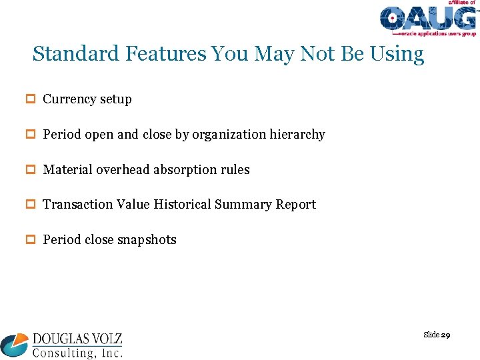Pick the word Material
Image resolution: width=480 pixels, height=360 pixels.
(68, 170)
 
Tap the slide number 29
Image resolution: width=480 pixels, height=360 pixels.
(445, 335)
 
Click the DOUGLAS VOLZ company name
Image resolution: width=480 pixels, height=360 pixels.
(77, 339)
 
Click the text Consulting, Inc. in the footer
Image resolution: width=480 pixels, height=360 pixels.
(77, 352)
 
